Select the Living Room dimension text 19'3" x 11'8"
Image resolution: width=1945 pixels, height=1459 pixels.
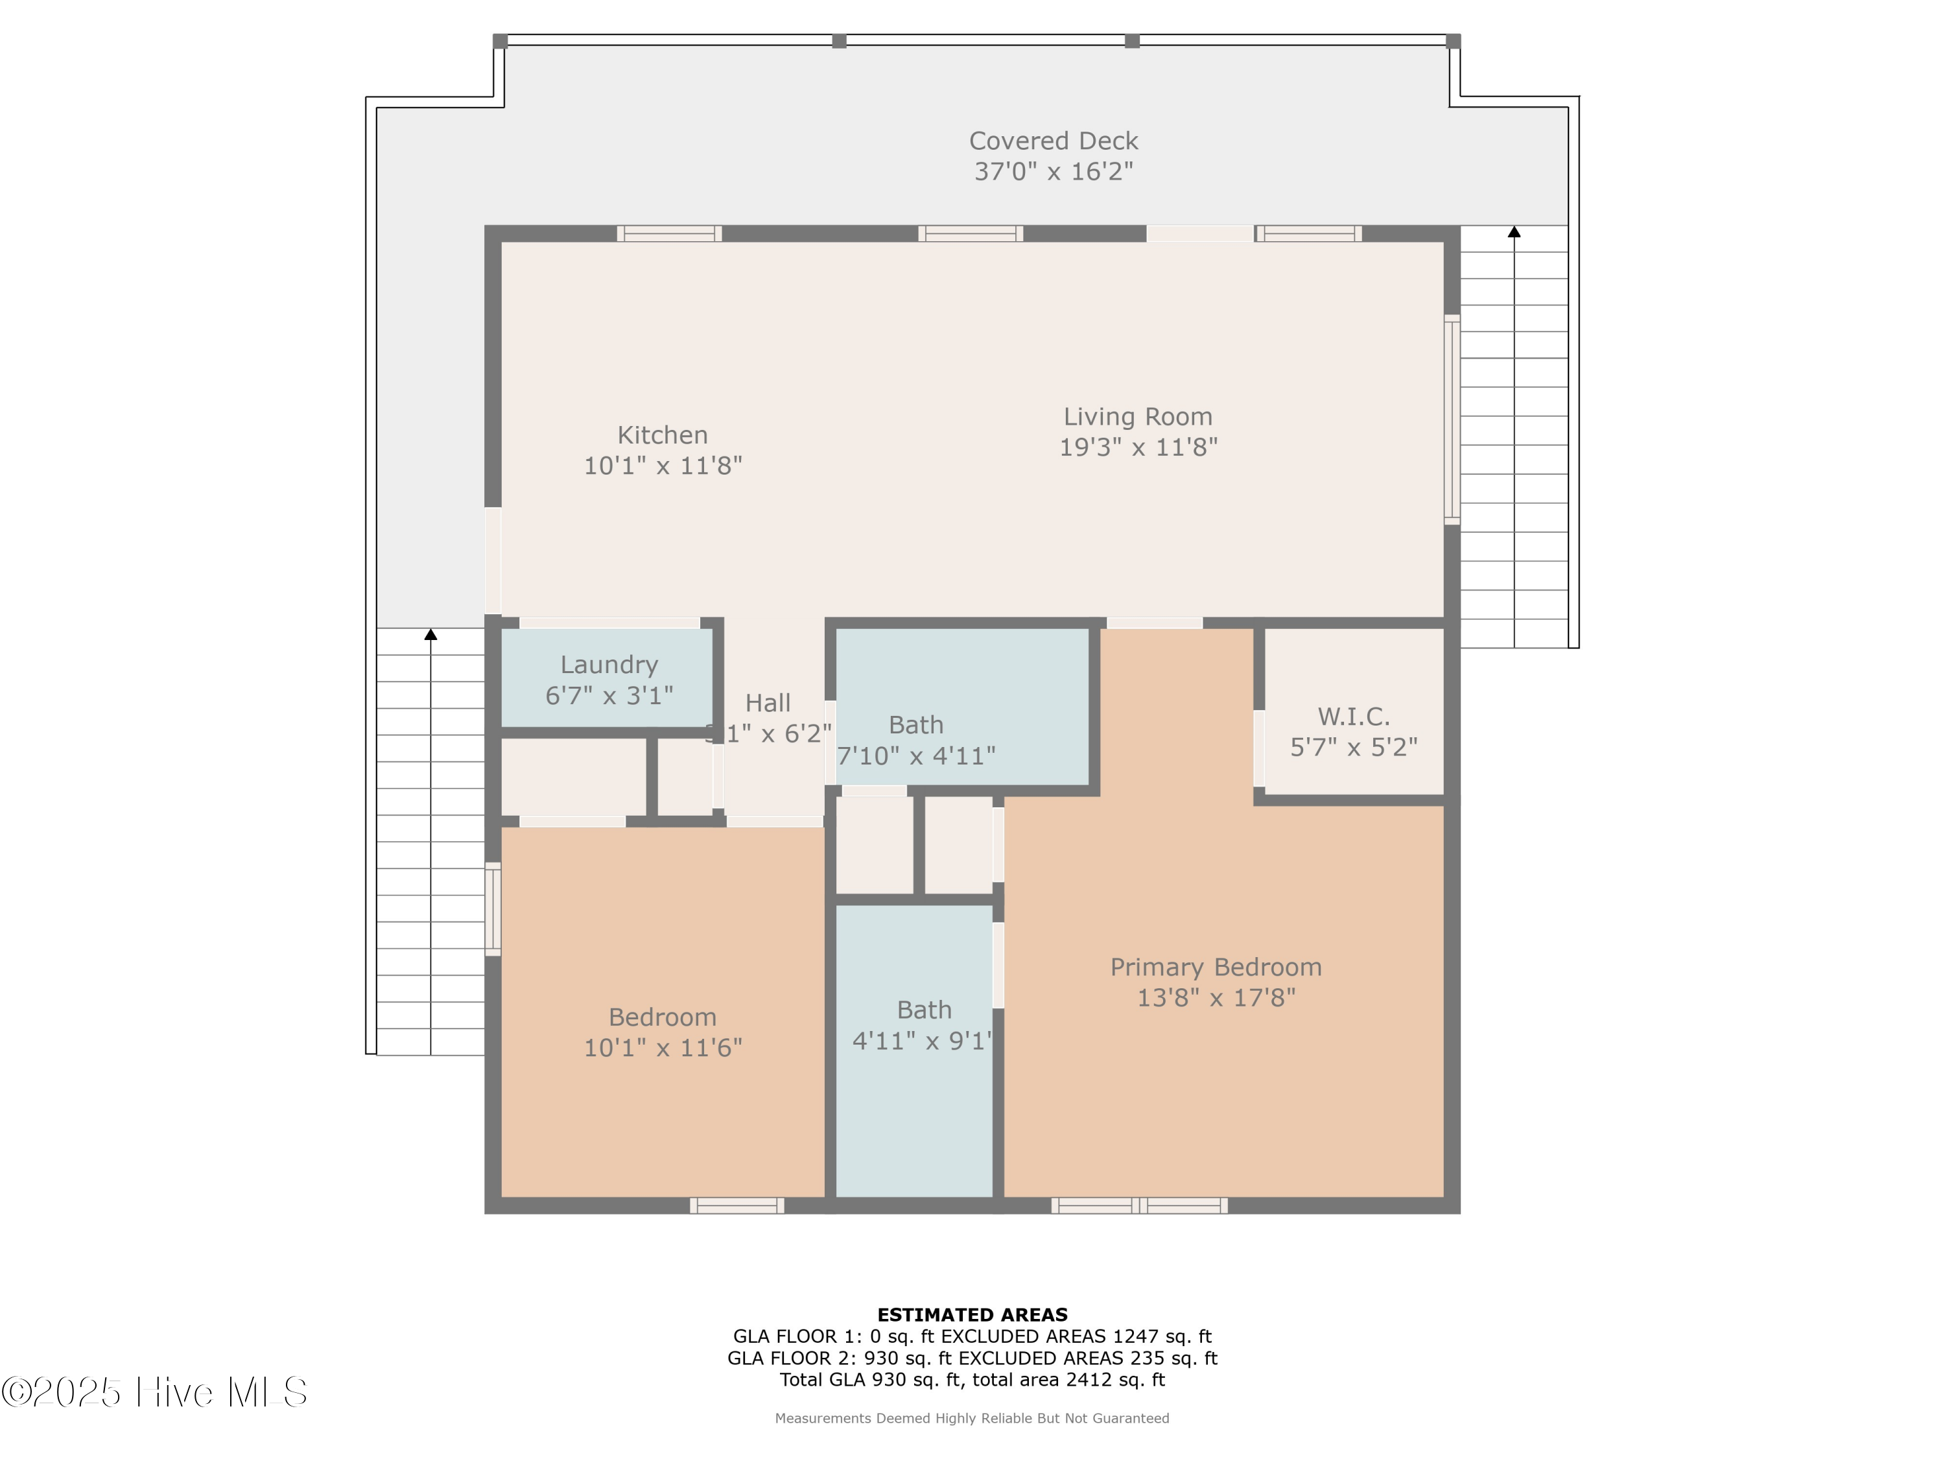point(1138,447)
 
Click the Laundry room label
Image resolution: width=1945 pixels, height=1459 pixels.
point(609,665)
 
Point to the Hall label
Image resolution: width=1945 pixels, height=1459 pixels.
point(768,703)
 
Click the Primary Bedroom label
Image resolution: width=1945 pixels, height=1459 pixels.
point(1216,967)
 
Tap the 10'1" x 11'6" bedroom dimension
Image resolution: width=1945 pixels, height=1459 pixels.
point(663,1047)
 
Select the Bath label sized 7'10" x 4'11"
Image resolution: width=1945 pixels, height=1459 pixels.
point(915,725)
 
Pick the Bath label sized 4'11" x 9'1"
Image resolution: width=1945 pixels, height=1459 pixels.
point(924,1010)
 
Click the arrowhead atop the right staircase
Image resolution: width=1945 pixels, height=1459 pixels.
point(1514,232)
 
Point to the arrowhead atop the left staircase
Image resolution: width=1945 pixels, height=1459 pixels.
point(431,634)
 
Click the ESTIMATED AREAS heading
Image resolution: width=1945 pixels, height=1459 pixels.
point(972,1315)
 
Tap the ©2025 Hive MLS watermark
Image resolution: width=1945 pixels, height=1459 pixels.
point(155,1392)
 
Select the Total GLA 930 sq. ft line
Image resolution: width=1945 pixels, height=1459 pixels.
point(972,1379)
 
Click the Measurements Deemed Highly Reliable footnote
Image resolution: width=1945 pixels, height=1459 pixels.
point(972,1417)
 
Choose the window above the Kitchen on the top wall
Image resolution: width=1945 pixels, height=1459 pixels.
point(669,233)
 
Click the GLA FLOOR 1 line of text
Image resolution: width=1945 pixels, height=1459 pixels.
point(972,1336)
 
